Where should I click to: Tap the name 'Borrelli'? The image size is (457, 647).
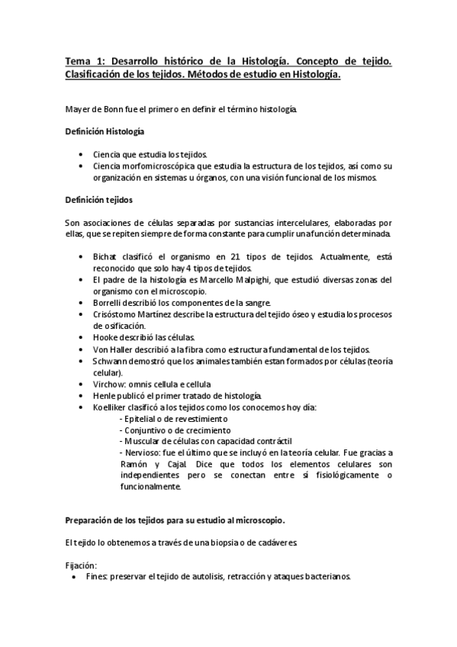pos(110,303)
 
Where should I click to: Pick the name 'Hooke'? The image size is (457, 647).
pos(105,338)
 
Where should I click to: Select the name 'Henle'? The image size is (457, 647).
pos(104,395)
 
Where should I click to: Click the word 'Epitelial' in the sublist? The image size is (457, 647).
pos(140,419)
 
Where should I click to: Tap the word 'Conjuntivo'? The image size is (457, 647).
pos(144,430)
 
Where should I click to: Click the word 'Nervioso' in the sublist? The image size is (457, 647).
pos(142,453)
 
